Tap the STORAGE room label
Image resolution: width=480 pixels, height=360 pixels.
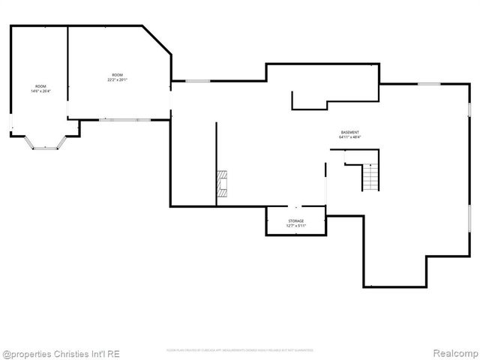295,220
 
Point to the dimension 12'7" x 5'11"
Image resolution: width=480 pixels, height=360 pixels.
295,226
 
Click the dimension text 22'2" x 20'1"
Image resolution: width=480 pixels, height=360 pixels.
118,79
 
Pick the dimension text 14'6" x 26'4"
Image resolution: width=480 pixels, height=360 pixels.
40,91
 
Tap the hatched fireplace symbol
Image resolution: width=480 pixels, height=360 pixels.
223,184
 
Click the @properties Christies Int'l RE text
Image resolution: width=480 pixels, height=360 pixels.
61,353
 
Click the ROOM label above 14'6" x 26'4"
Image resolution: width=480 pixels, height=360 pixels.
40,86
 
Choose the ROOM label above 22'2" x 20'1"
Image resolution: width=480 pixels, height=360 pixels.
118,74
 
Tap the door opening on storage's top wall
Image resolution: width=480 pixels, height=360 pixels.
295,207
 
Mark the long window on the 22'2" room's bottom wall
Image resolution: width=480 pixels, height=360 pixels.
125,119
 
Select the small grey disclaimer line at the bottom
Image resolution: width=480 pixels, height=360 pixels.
239,350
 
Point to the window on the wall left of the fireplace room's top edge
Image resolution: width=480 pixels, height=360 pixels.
198,81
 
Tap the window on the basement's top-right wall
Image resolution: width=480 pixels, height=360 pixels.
429,84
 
